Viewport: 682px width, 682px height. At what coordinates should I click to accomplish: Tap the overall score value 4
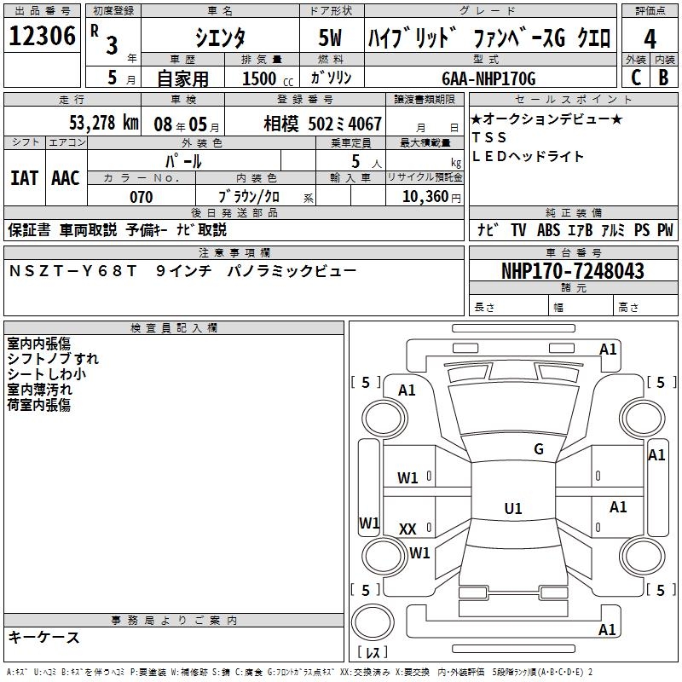[650, 39]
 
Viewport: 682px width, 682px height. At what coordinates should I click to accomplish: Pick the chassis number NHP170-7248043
[572, 271]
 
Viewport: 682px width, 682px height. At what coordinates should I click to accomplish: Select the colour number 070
[141, 197]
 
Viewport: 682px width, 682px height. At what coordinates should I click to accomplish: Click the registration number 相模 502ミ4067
[323, 123]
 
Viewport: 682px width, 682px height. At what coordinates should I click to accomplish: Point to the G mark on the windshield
[538, 449]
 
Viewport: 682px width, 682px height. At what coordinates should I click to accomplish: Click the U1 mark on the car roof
[512, 509]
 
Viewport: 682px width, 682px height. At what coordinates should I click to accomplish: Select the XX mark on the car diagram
[407, 529]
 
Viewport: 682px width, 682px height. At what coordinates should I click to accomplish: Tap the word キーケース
[44, 637]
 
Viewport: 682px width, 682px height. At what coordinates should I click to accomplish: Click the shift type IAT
[24, 178]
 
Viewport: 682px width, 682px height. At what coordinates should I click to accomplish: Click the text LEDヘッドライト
[528, 156]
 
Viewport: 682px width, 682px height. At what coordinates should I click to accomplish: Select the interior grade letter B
[662, 78]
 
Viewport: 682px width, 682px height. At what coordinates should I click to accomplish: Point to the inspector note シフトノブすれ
[53, 359]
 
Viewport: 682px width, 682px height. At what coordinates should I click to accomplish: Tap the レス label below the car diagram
[373, 653]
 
